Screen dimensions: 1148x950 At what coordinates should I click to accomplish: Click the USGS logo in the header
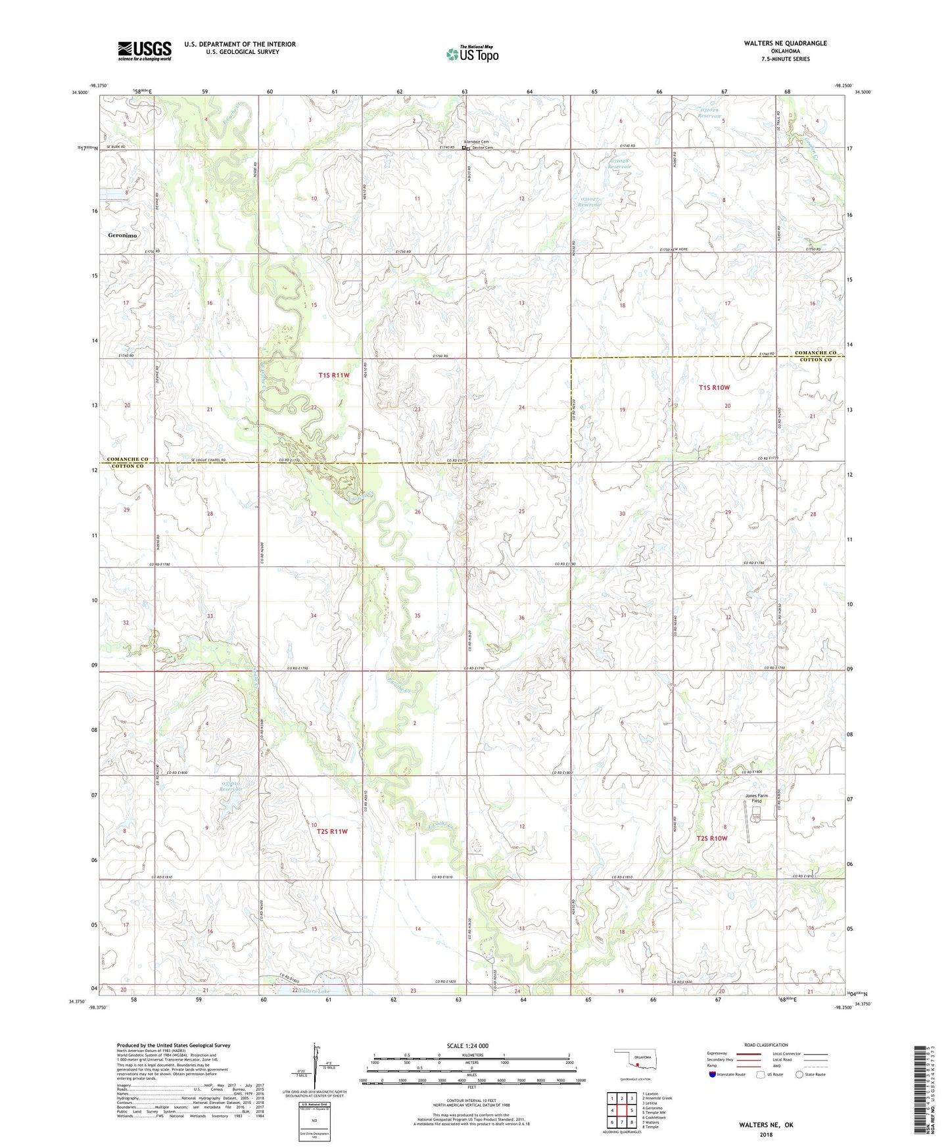[x=144, y=51]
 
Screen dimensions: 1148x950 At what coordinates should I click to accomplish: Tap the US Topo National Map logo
[x=471, y=53]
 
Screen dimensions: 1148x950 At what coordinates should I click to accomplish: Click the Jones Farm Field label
[x=756, y=798]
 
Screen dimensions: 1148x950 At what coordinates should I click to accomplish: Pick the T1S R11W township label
[x=333, y=375]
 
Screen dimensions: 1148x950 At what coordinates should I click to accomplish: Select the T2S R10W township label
[x=712, y=838]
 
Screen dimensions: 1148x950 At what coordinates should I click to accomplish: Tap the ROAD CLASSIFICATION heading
[x=765, y=1045]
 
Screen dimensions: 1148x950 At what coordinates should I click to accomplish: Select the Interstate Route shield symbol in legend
[x=713, y=1074]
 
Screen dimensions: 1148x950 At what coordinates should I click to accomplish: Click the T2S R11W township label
[x=332, y=832]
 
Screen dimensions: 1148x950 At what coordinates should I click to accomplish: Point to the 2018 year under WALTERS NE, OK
[x=766, y=1134]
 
